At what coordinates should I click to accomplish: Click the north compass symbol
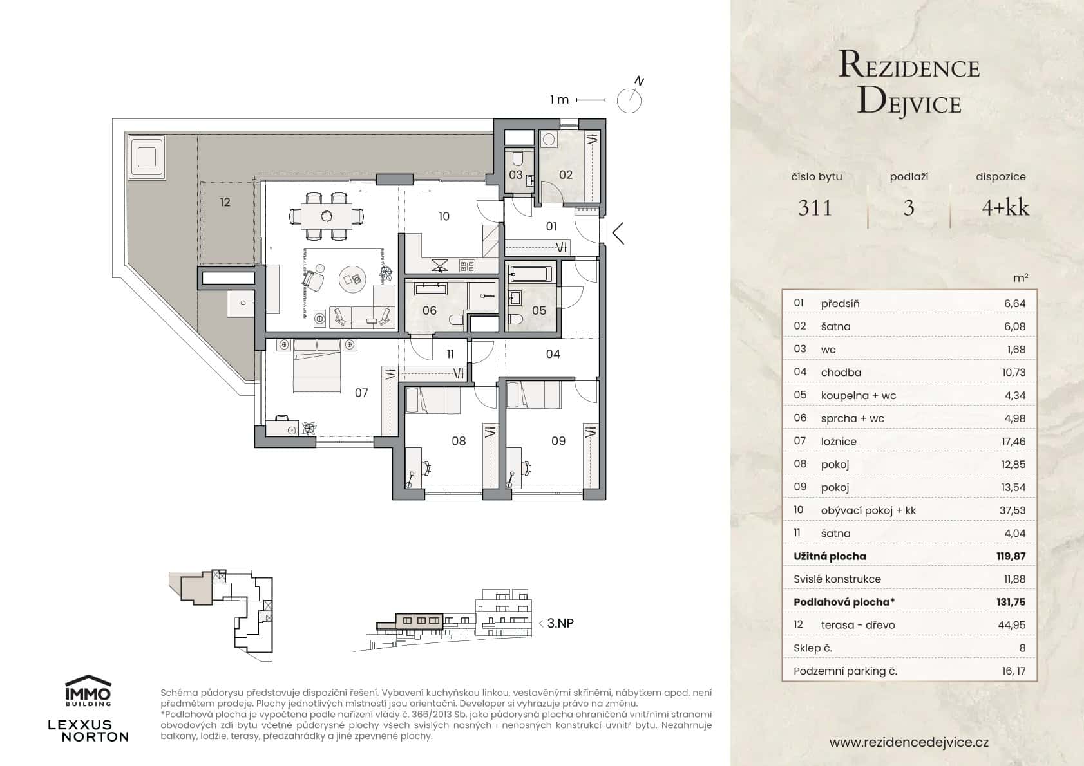click(629, 100)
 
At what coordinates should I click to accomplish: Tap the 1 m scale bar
click(590, 100)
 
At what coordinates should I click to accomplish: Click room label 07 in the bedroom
click(361, 392)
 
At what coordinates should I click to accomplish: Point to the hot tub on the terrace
click(146, 156)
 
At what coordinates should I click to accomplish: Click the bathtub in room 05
click(531, 275)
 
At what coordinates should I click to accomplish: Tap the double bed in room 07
click(318, 364)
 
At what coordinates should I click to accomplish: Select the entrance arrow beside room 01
click(618, 233)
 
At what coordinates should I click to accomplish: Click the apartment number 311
click(815, 207)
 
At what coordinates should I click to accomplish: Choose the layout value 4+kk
click(1005, 207)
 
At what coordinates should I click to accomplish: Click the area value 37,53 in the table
click(1013, 510)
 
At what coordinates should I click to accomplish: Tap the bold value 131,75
click(1010, 603)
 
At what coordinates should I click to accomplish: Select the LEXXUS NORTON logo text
click(88, 731)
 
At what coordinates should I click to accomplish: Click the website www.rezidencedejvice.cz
click(909, 742)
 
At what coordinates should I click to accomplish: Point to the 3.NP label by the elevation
click(560, 623)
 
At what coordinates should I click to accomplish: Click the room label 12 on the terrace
click(224, 202)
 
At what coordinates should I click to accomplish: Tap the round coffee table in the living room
click(353, 279)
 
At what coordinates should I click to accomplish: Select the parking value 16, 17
click(1013, 671)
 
